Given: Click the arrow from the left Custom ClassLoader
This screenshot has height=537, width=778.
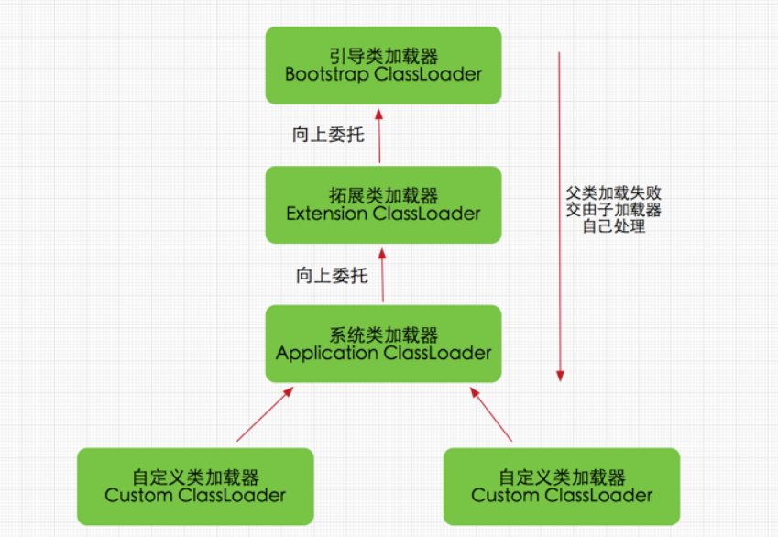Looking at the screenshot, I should pos(264,414).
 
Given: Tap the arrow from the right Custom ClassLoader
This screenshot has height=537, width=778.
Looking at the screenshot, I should pos(491,414).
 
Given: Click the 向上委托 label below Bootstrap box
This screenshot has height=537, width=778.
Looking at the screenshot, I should pos(328,136).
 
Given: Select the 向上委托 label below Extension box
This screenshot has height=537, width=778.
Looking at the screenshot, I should pos(331,275).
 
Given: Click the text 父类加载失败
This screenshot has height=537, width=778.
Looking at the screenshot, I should pos(614,193).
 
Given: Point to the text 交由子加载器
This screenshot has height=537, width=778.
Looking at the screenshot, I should pos(614,210).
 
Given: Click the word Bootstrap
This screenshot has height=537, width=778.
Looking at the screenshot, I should pos(327,74).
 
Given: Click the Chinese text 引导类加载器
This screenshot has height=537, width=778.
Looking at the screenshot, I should pos(383,57).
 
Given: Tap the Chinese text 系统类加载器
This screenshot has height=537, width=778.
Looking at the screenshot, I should pos(383,334).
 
